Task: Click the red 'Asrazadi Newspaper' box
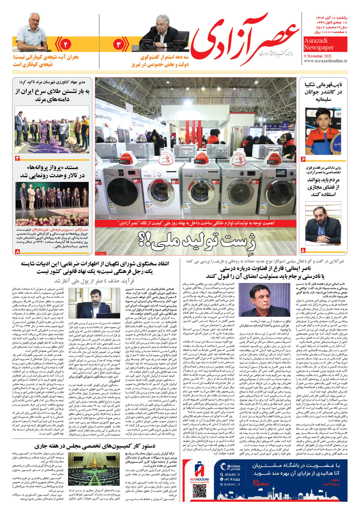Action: tap(325, 44)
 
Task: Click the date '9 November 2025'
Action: tap(318, 56)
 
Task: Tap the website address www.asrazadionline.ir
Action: tap(325, 61)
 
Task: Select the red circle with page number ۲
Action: tap(65, 44)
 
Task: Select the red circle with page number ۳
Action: tap(119, 44)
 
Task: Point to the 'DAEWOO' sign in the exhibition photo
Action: tap(103, 118)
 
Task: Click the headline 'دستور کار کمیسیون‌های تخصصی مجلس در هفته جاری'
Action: tap(95, 446)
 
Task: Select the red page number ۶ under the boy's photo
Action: tap(303, 159)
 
